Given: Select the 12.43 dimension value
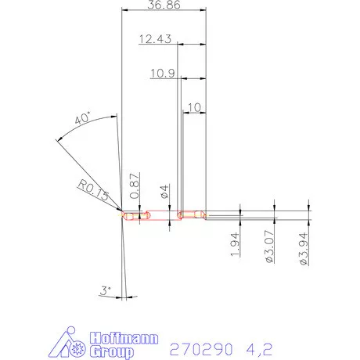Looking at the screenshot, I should (156, 39).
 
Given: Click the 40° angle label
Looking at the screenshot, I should (82, 120).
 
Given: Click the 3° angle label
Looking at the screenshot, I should (106, 291).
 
